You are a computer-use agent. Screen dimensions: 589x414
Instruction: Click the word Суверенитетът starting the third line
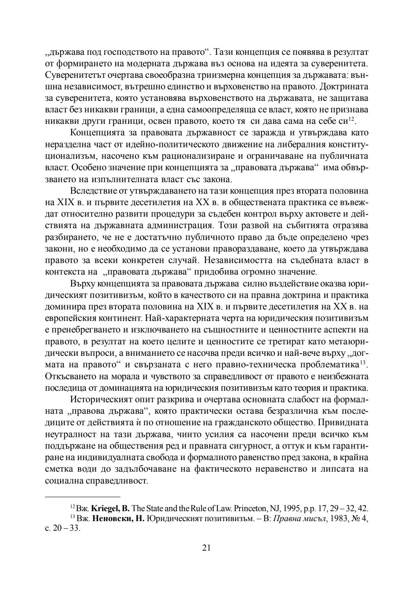(x=73, y=74)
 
